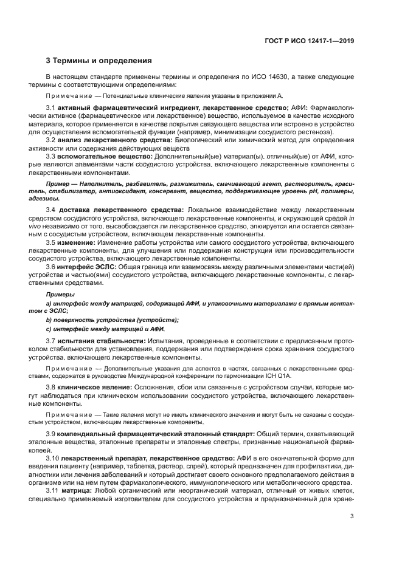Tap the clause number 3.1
[x=51, y=108]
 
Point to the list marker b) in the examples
[x=49, y=320]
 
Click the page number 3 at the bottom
[x=352, y=516]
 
